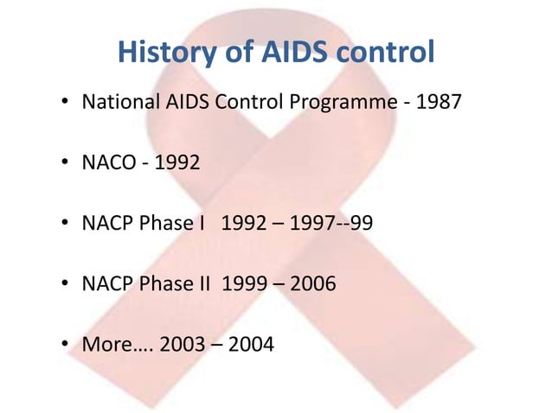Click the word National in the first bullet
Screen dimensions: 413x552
(119, 105)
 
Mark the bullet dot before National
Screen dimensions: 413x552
(65, 105)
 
